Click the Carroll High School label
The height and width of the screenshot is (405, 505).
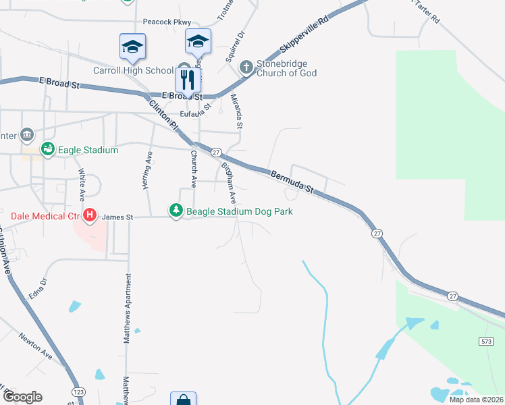133,70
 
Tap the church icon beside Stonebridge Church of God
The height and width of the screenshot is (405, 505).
246,67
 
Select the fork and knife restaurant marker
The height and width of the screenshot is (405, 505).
187,80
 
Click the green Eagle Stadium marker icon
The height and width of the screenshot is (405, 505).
48,149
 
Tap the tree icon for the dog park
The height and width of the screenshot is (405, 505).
176,211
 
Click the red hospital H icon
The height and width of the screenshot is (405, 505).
89,217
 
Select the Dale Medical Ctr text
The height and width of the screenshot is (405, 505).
45,217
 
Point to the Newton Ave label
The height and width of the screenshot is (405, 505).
35,346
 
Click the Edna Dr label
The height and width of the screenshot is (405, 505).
36,290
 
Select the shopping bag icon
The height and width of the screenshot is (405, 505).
183,400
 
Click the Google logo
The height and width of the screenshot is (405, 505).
22,397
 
